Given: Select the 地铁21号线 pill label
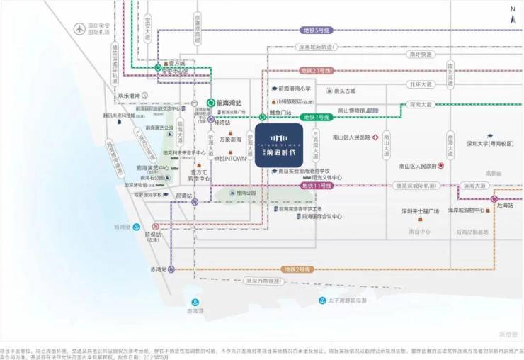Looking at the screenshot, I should point(316,71).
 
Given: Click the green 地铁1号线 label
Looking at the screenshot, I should point(317,117).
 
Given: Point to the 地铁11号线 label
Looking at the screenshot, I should point(317,185).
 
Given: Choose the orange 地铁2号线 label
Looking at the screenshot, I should point(297,269).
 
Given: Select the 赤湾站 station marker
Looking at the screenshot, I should point(171,269).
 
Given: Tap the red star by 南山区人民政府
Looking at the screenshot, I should point(440,166).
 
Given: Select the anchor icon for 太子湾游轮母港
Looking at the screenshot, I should point(322,300).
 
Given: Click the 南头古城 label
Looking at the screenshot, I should point(343,91).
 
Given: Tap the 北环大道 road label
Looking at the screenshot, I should point(420,84).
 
